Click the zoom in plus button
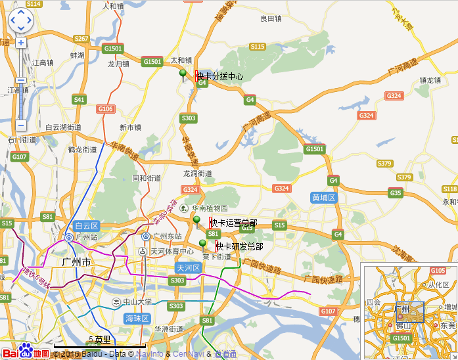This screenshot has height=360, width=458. point(20,43)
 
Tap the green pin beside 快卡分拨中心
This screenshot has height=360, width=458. point(183,75)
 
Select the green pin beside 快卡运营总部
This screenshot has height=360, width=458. point(196,221)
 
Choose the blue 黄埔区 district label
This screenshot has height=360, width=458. point(324,197)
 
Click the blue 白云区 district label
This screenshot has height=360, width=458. point(85,225)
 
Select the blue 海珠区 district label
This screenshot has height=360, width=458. point(137,318)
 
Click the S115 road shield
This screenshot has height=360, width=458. point(257,47)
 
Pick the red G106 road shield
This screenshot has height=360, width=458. point(105,108)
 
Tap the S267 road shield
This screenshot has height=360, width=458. point(81,39)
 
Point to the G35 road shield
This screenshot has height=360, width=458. point(396,192)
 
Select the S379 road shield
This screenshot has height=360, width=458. point(404,177)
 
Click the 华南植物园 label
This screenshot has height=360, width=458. point(210,208)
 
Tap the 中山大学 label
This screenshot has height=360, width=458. point(133,302)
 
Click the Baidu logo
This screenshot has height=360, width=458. point(25,351)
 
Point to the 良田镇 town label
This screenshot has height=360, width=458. point(271,19)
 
